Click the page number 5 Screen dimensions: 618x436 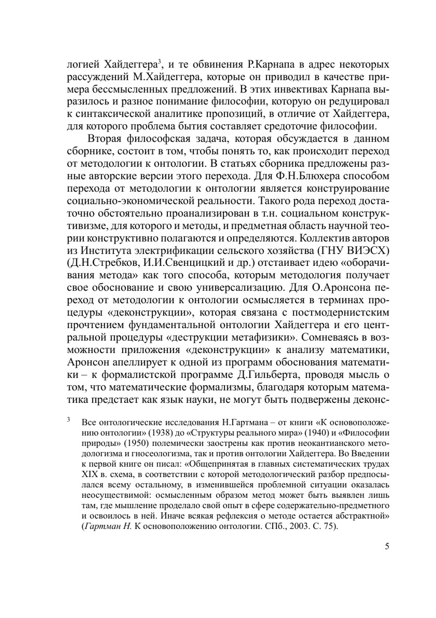tap(387, 547)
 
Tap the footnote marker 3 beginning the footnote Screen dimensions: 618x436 tap(68, 421)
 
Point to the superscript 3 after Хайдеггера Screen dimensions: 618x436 tap(160, 62)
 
